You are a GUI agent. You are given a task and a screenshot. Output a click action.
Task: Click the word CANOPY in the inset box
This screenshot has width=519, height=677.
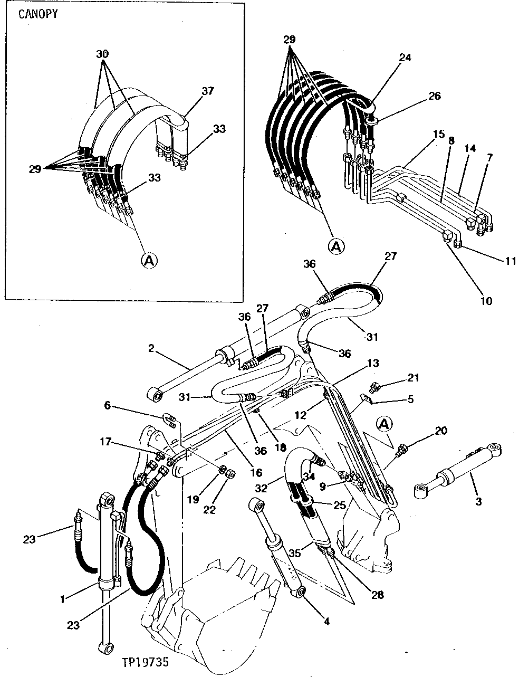tap(38, 14)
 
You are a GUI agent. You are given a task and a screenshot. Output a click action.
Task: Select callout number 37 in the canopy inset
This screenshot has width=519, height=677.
tap(208, 91)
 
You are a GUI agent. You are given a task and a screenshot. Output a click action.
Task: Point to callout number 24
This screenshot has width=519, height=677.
tap(405, 58)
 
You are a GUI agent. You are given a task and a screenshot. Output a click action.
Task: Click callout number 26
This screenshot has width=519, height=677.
tap(434, 96)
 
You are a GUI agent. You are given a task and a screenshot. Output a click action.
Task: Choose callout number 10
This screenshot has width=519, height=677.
tap(486, 301)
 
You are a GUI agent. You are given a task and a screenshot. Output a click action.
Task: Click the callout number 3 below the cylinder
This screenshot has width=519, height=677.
tap(478, 501)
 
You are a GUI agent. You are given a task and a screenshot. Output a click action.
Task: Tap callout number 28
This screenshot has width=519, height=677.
tap(377, 595)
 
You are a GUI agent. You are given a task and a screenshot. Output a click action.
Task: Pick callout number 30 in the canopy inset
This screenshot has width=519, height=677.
tap(103, 54)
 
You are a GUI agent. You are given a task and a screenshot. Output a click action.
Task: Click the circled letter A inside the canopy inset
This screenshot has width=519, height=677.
tap(149, 260)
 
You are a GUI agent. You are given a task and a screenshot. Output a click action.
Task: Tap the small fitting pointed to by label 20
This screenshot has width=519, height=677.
tap(402, 449)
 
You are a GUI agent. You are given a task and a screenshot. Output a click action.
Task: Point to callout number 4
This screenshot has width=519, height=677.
tap(326, 622)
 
